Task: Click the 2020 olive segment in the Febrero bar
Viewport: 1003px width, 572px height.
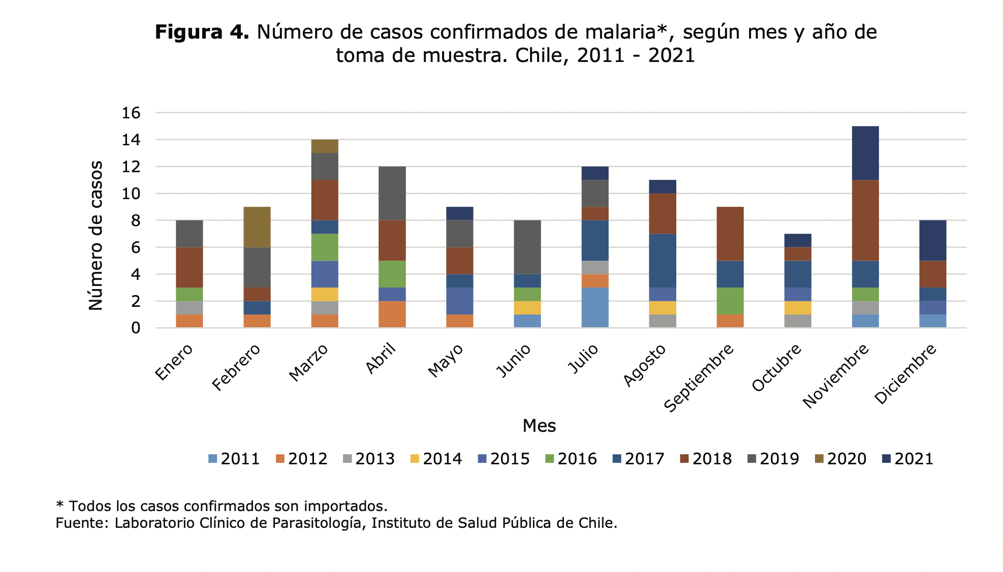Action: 257,227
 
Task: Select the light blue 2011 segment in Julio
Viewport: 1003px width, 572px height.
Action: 595,307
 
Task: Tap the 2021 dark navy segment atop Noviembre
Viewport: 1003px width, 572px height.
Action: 865,153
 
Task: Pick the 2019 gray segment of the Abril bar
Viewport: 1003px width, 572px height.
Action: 392,193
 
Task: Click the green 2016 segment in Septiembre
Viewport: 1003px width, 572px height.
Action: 730,301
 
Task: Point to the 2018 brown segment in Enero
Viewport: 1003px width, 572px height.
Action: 190,267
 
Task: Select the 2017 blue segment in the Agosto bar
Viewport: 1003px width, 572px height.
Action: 663,261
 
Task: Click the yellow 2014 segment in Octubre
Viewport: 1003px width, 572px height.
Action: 798,307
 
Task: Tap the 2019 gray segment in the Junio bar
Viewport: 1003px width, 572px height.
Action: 527,247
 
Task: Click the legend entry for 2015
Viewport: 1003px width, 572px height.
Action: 504,459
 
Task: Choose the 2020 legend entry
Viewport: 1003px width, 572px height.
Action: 840,459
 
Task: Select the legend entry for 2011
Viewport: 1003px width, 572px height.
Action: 234,459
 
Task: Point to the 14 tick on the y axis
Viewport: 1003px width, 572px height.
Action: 131,140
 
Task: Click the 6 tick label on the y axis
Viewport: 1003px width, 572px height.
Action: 135,247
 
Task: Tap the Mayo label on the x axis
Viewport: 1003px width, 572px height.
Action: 446,361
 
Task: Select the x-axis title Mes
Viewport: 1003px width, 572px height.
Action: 539,426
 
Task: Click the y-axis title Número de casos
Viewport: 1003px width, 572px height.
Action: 96,235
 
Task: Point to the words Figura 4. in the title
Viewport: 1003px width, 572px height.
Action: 202,32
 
